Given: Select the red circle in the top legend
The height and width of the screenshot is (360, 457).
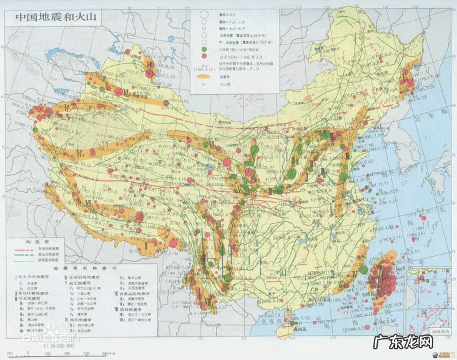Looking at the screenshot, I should [204, 55].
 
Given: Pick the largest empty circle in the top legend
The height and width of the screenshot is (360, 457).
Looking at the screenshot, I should [204, 12].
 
